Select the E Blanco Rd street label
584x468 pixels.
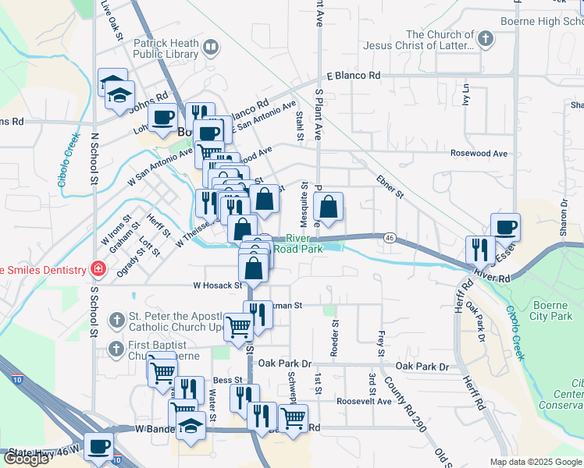tap(353, 76)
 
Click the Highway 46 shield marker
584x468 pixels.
tap(388, 236)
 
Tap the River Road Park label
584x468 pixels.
tap(304, 243)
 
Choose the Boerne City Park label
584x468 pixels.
tap(551, 310)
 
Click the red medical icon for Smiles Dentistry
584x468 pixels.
tap(98, 269)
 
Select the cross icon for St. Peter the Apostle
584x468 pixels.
tap(116, 319)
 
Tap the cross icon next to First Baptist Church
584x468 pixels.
tap(116, 347)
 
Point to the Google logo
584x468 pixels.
tap(26, 459)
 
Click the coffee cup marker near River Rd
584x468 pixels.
tap(504, 227)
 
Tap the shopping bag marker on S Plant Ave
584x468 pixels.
tap(329, 207)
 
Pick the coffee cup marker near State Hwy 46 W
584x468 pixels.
tap(98, 446)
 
